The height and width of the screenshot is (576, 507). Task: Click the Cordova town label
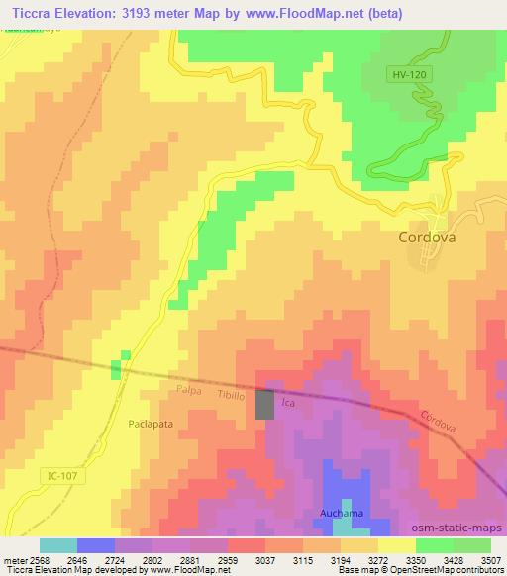pos(431,238)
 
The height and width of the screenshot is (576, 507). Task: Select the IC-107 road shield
pos(60,476)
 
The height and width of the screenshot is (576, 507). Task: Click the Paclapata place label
pos(152,423)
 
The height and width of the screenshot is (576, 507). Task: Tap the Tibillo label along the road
pos(232,395)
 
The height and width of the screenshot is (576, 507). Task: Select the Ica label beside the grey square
pos(289,404)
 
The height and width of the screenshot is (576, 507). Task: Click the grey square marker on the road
pos(265,405)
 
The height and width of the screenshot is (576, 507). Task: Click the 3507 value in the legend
pos(490,559)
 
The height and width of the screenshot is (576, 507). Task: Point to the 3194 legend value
pos(336,559)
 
